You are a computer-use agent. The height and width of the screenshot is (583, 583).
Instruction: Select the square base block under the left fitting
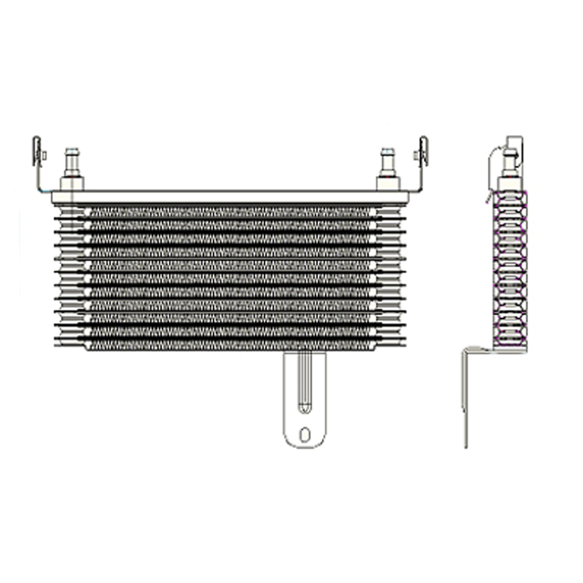point(72,183)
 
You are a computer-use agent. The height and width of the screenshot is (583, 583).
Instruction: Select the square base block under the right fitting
point(388,183)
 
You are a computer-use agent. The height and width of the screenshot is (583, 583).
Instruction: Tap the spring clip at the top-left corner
point(37,152)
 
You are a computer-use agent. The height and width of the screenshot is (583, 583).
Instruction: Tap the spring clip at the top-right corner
point(423,152)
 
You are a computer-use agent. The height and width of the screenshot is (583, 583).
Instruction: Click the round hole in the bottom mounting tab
point(305,434)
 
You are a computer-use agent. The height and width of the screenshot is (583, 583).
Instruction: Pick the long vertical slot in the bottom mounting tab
point(304,381)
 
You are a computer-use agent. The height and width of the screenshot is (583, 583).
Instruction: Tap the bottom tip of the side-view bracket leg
point(466,446)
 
